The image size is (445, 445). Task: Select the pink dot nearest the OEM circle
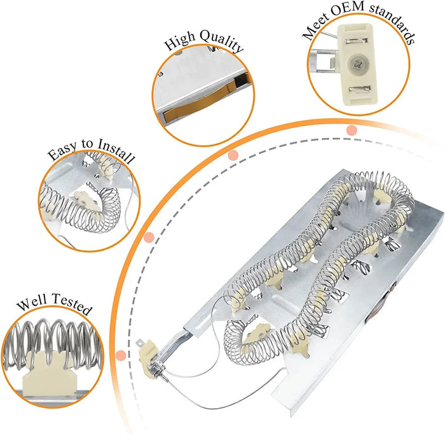click(351, 130)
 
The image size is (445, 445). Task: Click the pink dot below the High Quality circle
click(233, 155)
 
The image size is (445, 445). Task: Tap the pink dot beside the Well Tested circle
click(121, 354)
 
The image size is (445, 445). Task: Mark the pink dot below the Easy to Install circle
click(149, 238)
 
